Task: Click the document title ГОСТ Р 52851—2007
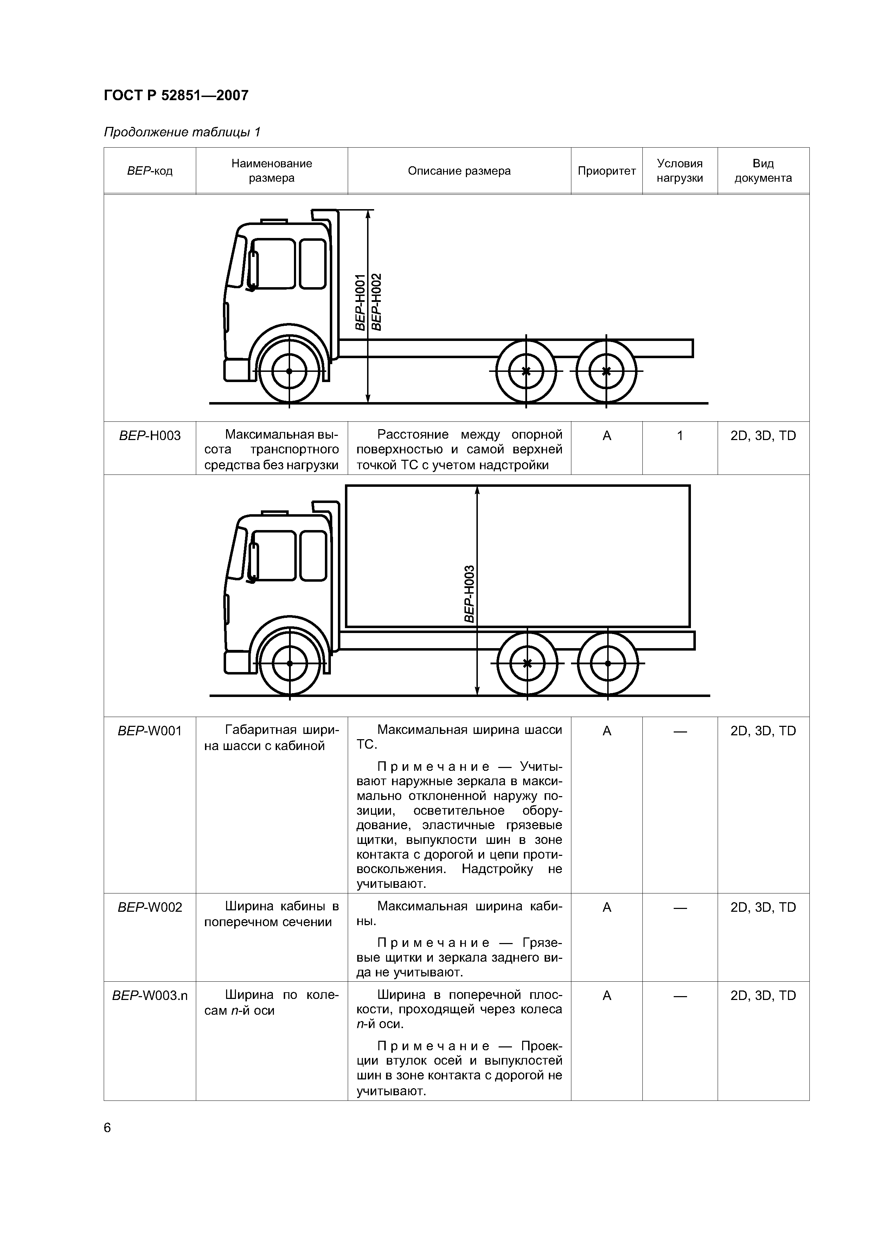(176, 96)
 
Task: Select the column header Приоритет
(607, 171)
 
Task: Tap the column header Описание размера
(459, 171)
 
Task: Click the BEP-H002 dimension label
(376, 302)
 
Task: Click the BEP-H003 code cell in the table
(149, 435)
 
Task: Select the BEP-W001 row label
(149, 731)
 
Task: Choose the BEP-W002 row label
(149, 907)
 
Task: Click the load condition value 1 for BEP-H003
(680, 435)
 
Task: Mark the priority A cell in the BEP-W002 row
(607, 907)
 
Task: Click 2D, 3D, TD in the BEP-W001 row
(763, 731)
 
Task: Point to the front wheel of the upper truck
(289, 371)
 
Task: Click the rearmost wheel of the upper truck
(606, 371)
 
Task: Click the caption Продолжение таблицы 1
(181, 132)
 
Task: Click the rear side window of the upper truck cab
(313, 264)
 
